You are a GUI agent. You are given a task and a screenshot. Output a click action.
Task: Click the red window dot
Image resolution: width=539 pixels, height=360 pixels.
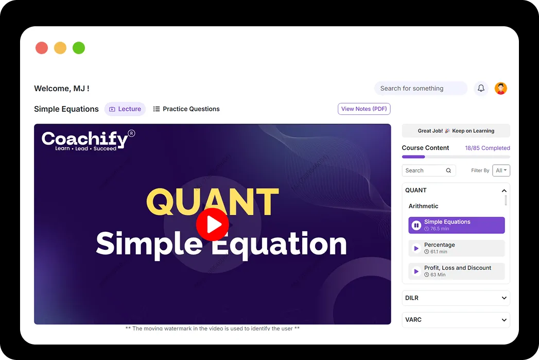click(x=42, y=48)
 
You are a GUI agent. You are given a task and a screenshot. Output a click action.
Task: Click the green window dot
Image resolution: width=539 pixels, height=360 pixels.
click(x=79, y=48)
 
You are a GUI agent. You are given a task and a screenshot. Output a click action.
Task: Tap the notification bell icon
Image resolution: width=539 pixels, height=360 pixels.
click(x=481, y=88)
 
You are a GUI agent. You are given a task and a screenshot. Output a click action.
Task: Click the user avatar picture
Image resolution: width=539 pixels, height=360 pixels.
click(x=501, y=88)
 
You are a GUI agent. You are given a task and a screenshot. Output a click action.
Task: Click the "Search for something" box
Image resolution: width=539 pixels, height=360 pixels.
click(x=420, y=88)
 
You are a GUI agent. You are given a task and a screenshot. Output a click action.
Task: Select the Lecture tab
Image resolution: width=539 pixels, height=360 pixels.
click(x=125, y=109)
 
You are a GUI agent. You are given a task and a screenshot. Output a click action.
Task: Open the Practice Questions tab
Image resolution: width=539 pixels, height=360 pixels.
click(x=186, y=109)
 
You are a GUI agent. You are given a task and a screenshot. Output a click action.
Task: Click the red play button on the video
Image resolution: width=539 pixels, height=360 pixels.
click(x=212, y=224)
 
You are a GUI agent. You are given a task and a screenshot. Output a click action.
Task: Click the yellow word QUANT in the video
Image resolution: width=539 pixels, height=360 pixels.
click(x=212, y=201)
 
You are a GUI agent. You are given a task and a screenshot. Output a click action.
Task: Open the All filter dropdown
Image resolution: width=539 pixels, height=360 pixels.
click(x=501, y=170)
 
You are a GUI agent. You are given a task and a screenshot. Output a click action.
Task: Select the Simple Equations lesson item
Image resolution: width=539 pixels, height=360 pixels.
click(x=457, y=225)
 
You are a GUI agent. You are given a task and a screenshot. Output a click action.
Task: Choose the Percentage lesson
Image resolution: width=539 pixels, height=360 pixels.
click(x=457, y=248)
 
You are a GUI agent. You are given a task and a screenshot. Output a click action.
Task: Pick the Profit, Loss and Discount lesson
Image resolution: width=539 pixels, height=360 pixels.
click(x=457, y=271)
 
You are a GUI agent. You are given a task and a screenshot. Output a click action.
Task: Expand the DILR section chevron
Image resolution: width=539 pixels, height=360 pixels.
click(x=504, y=298)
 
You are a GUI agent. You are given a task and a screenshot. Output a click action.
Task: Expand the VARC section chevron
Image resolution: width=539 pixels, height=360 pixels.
click(x=504, y=320)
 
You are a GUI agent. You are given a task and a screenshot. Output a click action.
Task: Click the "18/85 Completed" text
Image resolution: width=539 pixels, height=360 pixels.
click(x=487, y=148)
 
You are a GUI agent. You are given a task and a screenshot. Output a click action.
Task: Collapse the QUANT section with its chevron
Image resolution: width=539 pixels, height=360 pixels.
click(x=504, y=191)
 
